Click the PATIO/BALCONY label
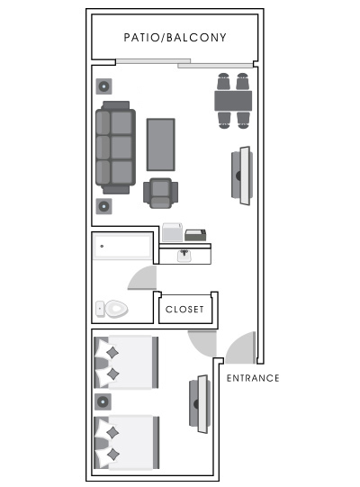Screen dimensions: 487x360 coord(175,38)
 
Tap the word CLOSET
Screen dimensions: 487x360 coord(184,310)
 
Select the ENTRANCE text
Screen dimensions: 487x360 coord(252,378)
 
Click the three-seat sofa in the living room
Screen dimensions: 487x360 coord(116,147)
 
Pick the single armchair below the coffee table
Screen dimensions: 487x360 coord(161,193)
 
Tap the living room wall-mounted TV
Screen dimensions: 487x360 coord(240,176)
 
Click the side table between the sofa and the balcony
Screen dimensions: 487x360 coord(104,87)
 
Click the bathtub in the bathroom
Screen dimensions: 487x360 coord(123,246)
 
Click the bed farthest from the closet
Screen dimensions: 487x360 coord(126,441)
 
